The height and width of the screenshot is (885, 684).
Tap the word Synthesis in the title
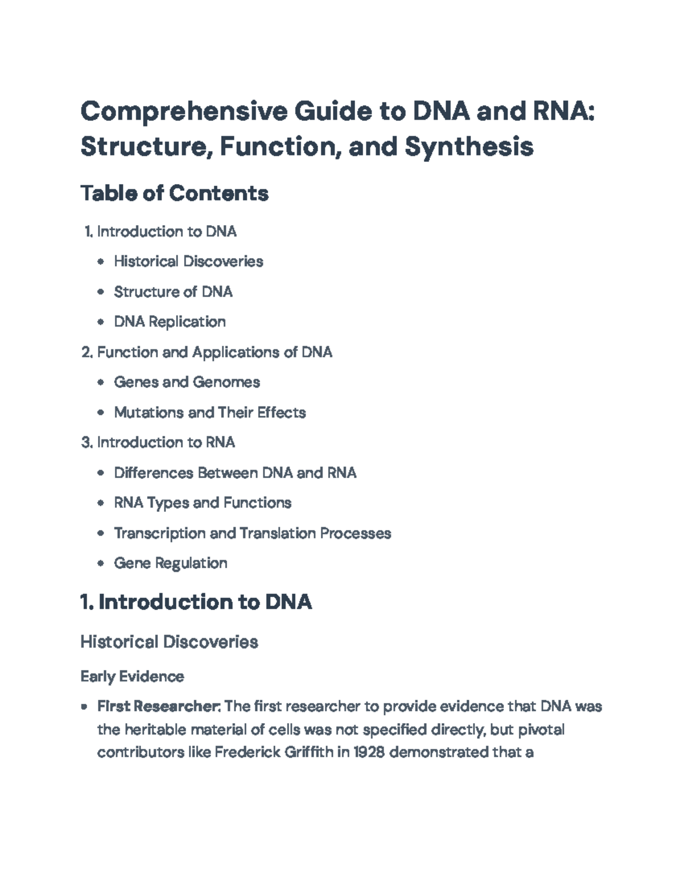(469, 146)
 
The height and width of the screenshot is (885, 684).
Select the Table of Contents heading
(174, 193)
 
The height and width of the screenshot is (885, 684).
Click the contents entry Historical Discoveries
(188, 262)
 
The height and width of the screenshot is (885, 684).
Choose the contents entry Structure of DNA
(173, 292)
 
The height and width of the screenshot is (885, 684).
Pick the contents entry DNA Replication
(170, 322)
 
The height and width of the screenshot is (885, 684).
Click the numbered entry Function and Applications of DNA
(214, 352)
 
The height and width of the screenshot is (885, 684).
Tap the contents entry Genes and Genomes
(187, 382)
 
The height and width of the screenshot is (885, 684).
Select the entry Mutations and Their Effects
(210, 413)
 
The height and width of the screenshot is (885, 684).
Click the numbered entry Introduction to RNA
(166, 443)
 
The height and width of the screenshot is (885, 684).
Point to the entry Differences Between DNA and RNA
(235, 473)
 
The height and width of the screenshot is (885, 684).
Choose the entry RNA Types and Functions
(202, 503)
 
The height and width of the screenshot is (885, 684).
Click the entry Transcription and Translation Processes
(253, 533)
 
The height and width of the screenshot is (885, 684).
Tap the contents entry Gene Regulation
(170, 564)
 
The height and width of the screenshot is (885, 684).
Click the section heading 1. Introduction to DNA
(196, 602)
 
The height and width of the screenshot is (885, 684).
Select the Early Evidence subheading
(132, 676)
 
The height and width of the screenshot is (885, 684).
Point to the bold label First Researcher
(158, 707)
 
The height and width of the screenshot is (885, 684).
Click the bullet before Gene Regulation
(101, 564)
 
